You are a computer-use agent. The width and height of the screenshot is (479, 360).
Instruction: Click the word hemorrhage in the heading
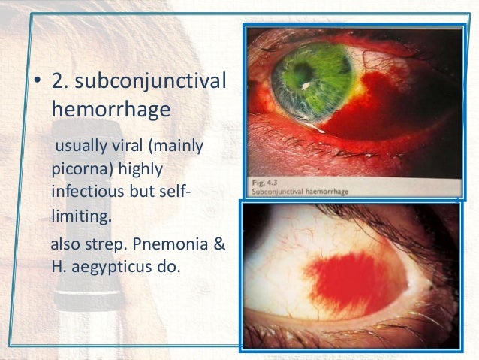point(110,110)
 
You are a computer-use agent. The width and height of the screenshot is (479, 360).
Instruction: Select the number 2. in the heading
point(62,82)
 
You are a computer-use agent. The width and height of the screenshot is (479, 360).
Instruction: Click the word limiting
point(80,218)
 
